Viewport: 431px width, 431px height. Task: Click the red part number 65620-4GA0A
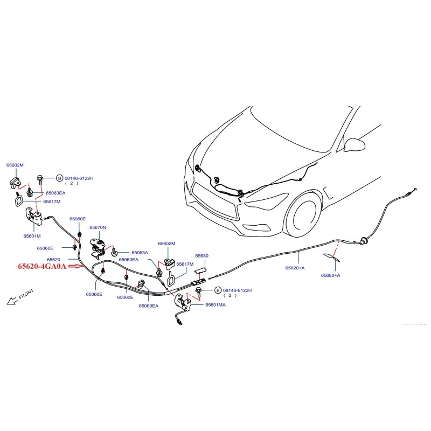(42, 266)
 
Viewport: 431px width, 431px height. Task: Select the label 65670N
(98, 228)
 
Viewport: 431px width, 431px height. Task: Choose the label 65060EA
(148, 306)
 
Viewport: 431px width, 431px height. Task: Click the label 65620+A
(295, 268)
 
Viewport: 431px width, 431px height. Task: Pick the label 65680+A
(330, 275)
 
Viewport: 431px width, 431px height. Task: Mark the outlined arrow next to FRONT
(11, 301)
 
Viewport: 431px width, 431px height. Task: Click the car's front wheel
(304, 218)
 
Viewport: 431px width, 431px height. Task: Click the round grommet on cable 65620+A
(364, 240)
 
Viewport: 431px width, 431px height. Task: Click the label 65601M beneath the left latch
(32, 235)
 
